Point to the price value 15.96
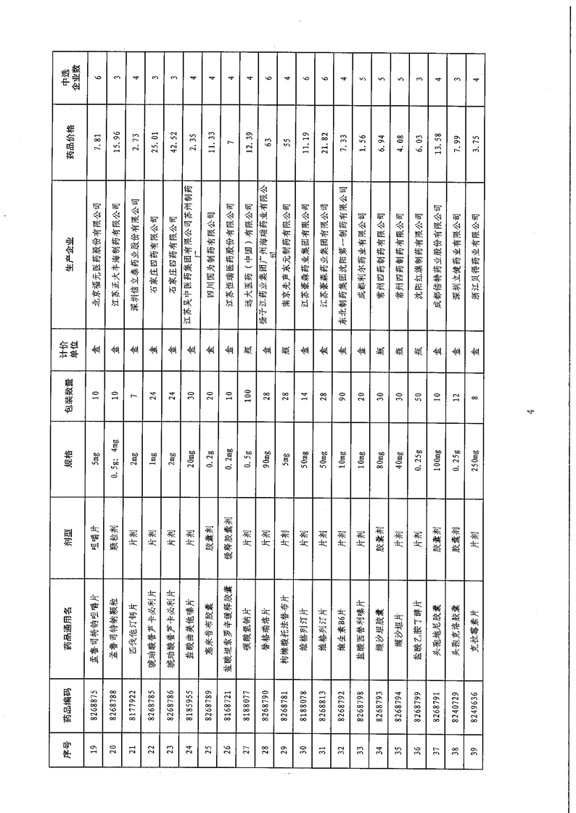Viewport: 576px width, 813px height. (x=115, y=138)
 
